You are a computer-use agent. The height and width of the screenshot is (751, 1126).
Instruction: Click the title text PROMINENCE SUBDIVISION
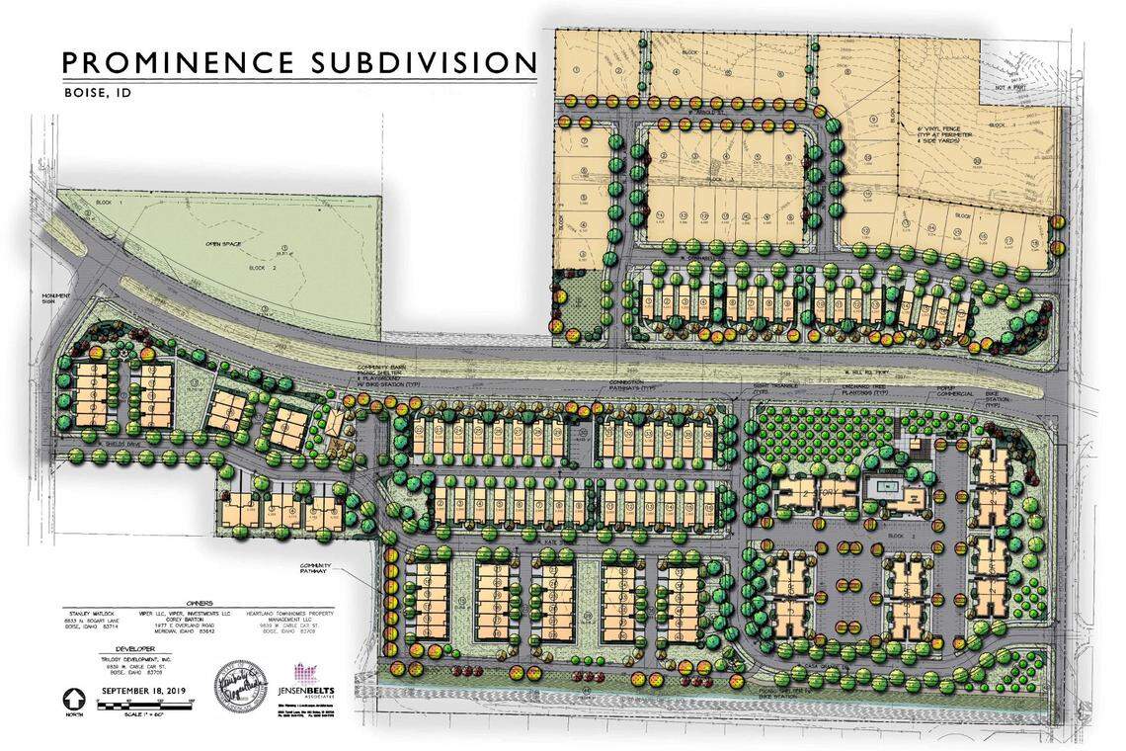(299, 61)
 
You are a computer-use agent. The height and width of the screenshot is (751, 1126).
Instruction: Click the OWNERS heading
(201, 602)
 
